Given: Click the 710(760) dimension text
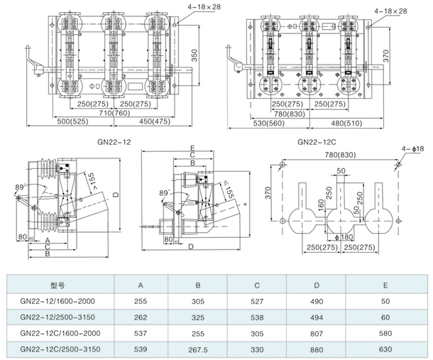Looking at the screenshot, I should (x=114, y=112).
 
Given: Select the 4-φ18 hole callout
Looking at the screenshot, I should (x=414, y=149).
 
